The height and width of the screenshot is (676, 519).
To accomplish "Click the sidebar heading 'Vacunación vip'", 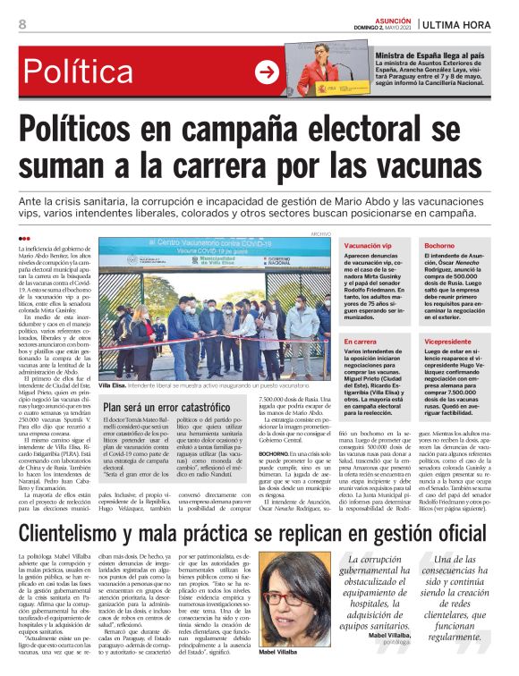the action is coord(369,245).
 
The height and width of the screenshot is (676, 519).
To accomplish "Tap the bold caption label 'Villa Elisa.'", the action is coord(113,384).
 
